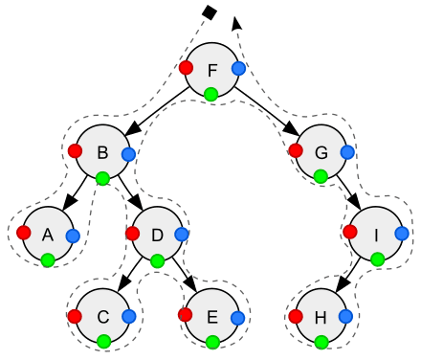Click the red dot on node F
[186, 67]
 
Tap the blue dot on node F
[239, 68]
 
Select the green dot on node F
[210, 94]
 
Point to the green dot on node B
[102, 177]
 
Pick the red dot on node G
[293, 149]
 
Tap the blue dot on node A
[73, 235]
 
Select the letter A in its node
[47, 234]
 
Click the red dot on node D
[131, 233]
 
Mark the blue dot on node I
[402, 233]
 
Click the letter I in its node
[376, 234]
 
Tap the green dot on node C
[103, 341]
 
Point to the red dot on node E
[185, 314]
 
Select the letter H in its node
[321, 316]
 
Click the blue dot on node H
[346, 316]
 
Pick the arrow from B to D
[130, 192]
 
